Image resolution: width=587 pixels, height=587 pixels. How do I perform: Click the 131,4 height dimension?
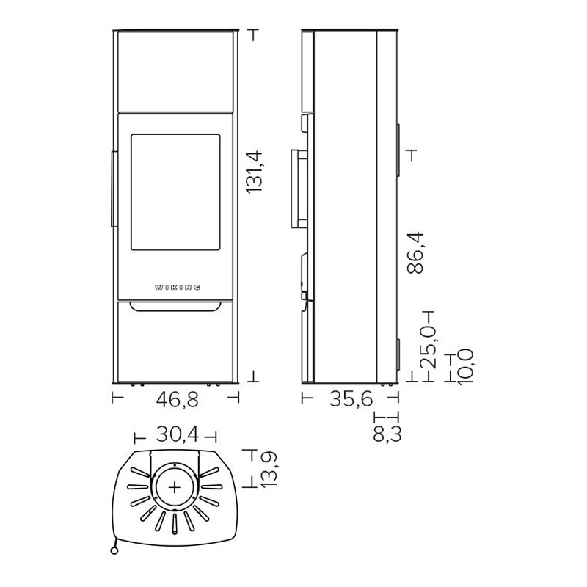point(255,172)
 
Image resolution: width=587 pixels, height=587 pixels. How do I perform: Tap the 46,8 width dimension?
point(177,400)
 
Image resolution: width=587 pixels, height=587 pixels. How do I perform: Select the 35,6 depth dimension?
point(351,398)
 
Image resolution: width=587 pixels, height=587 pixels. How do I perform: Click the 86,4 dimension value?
point(415,253)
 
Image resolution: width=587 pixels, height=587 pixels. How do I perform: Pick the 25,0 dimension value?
point(428,347)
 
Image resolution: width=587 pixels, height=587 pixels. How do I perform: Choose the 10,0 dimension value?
point(465,366)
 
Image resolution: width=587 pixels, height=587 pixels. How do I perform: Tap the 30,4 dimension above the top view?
point(178,434)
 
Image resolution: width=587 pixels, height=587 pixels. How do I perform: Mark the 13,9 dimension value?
point(269,470)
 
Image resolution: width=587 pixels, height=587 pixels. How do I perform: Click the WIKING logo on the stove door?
point(178,288)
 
